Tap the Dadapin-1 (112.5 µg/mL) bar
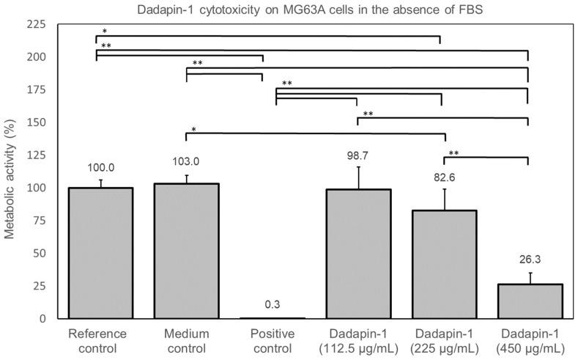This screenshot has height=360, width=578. coord(358,254)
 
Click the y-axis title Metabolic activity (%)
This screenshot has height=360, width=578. coord(10,172)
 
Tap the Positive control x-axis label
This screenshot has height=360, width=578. coord(272,339)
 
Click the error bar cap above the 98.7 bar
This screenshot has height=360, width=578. coord(358,167)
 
